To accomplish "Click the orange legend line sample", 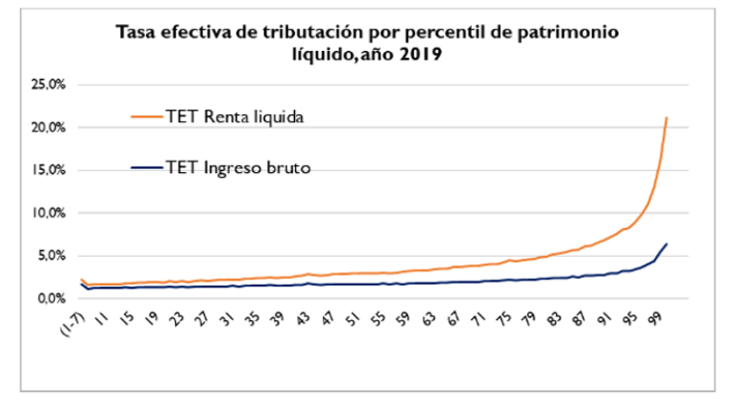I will (x=145, y=116).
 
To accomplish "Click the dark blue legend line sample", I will (x=145, y=168).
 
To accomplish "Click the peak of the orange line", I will (x=667, y=117).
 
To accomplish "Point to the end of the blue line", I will (x=667, y=243).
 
